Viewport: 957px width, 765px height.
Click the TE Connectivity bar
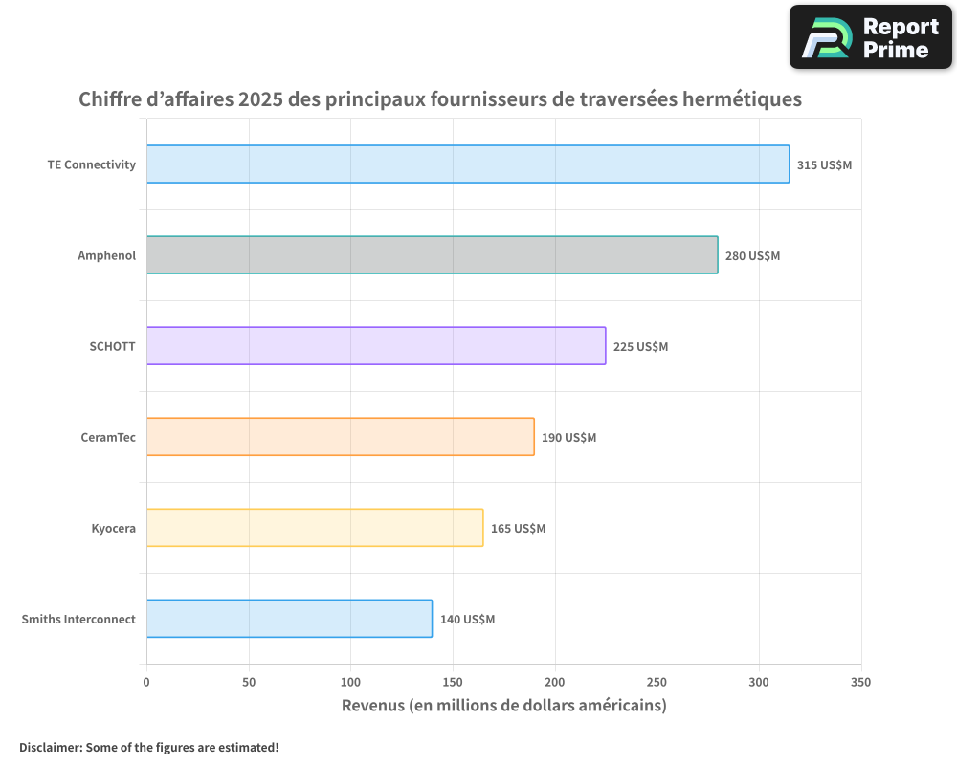click(467, 164)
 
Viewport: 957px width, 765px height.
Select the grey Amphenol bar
click(432, 255)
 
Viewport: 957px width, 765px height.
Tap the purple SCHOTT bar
click(375, 346)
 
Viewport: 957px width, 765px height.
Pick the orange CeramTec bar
click(340, 437)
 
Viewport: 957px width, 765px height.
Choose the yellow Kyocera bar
click(314, 528)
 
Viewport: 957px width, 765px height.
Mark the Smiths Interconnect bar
click(289, 619)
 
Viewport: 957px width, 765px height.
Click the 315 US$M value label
click(824, 164)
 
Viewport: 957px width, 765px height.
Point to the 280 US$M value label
click(752, 255)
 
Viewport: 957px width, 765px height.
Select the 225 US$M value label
click(640, 346)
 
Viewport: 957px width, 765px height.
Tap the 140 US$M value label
click(467, 619)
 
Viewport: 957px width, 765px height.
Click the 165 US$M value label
click(518, 528)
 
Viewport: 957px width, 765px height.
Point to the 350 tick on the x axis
click(860, 682)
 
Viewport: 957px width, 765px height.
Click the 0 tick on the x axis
click(146, 682)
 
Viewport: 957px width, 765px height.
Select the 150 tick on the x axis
click(453, 682)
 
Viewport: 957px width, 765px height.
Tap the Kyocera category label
click(113, 528)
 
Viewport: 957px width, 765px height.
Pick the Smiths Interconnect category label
click(78, 619)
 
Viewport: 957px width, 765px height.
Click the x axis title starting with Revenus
click(503, 706)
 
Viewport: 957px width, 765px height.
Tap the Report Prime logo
click(870, 37)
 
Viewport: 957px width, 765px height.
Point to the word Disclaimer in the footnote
click(49, 747)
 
